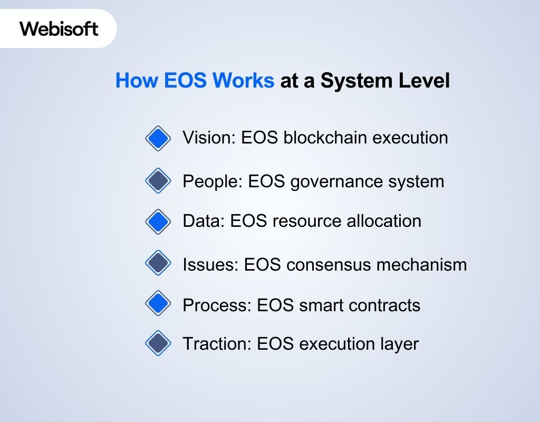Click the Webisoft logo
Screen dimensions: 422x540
pyautogui.click(x=59, y=28)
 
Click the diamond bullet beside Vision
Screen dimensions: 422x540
pyautogui.click(x=158, y=139)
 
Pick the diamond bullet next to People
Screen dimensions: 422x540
pyautogui.click(x=158, y=181)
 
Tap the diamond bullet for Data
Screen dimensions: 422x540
pyautogui.click(x=158, y=221)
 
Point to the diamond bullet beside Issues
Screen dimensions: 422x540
pyautogui.click(x=158, y=263)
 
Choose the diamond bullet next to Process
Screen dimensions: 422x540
pyautogui.click(x=158, y=303)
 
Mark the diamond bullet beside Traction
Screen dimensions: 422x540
pyautogui.click(x=158, y=343)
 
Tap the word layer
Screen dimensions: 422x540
pyautogui.click(x=400, y=344)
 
